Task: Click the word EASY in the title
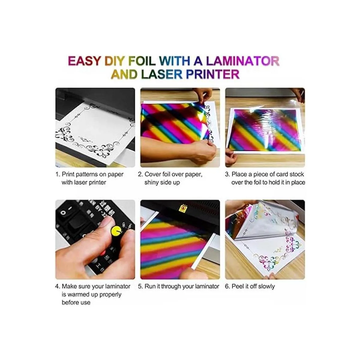[x=84, y=61]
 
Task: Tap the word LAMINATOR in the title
[x=243, y=61]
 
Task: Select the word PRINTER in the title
[x=213, y=74]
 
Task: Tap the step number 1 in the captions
[x=58, y=174]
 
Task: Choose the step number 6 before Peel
[x=227, y=286]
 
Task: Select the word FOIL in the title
[x=142, y=61]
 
